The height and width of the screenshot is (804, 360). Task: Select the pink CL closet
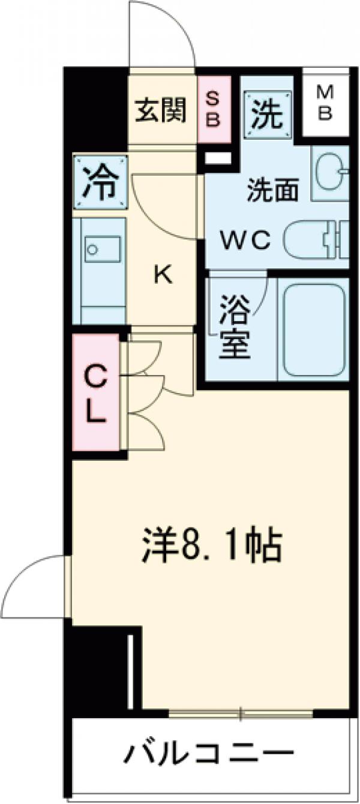(x=95, y=393)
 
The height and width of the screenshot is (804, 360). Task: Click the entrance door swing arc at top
(x=162, y=33)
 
